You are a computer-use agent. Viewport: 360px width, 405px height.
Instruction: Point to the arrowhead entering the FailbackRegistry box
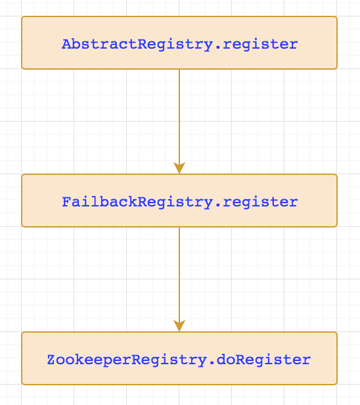click(179, 168)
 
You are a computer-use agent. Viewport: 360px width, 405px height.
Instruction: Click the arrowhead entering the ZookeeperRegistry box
click(179, 326)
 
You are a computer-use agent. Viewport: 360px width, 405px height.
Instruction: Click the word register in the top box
click(260, 45)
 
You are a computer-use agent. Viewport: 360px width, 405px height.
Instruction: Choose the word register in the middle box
click(260, 202)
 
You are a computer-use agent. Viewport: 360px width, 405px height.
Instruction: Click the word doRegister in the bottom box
click(272, 360)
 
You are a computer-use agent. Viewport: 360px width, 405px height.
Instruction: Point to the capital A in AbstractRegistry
click(66, 45)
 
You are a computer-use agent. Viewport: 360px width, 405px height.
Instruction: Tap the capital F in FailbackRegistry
click(66, 202)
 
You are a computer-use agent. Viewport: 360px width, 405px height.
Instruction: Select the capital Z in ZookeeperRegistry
click(51, 360)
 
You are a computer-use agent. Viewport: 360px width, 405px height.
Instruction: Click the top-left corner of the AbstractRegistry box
click(22, 17)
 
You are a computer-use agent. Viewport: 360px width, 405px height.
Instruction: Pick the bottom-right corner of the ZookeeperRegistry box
click(336, 384)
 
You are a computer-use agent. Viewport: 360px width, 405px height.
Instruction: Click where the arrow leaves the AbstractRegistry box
click(179, 70)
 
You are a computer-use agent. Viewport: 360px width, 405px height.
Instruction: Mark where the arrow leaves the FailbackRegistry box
click(179, 227)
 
